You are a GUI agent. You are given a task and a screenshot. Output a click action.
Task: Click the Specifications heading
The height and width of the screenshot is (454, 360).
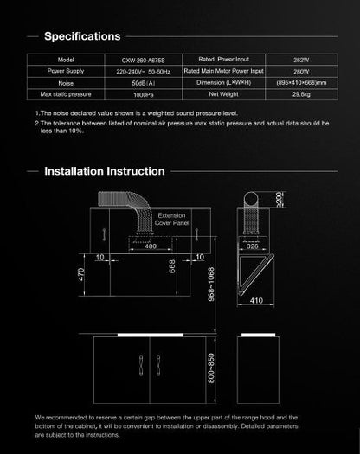(x=82, y=36)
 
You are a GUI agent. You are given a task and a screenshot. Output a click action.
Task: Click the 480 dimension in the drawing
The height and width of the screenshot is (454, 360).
(x=151, y=246)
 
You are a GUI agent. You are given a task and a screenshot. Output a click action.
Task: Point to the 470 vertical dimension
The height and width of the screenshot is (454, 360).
(x=80, y=276)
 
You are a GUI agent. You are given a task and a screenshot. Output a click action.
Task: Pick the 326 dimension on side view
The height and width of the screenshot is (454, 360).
(x=254, y=246)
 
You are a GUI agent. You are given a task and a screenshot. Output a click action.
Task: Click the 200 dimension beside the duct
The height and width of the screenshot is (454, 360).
(x=281, y=199)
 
